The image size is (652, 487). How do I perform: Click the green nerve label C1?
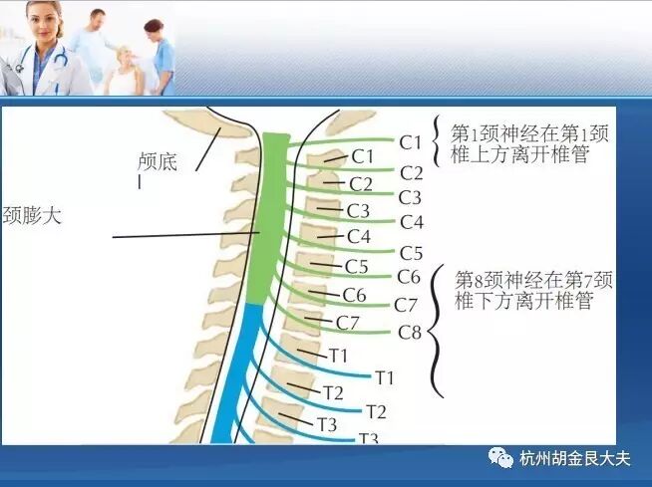[x=412, y=142]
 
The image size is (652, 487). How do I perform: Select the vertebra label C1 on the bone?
[x=362, y=156]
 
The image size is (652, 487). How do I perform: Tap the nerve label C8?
[x=411, y=332]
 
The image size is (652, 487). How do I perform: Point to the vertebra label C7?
[x=347, y=322]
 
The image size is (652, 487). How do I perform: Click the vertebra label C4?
[x=358, y=237]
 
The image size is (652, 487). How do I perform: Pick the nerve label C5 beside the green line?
[x=411, y=253]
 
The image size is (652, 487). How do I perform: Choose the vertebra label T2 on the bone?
[x=332, y=392]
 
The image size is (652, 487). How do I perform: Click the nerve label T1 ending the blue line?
[x=385, y=377]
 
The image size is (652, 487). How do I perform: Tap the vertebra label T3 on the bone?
[x=327, y=424]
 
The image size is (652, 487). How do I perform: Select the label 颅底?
[x=158, y=161]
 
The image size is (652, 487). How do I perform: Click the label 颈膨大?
[x=32, y=214]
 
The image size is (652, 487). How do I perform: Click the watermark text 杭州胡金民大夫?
[x=575, y=459]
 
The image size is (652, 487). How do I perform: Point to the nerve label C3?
[x=411, y=197]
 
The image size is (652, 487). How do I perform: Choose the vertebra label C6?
[x=354, y=295]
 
